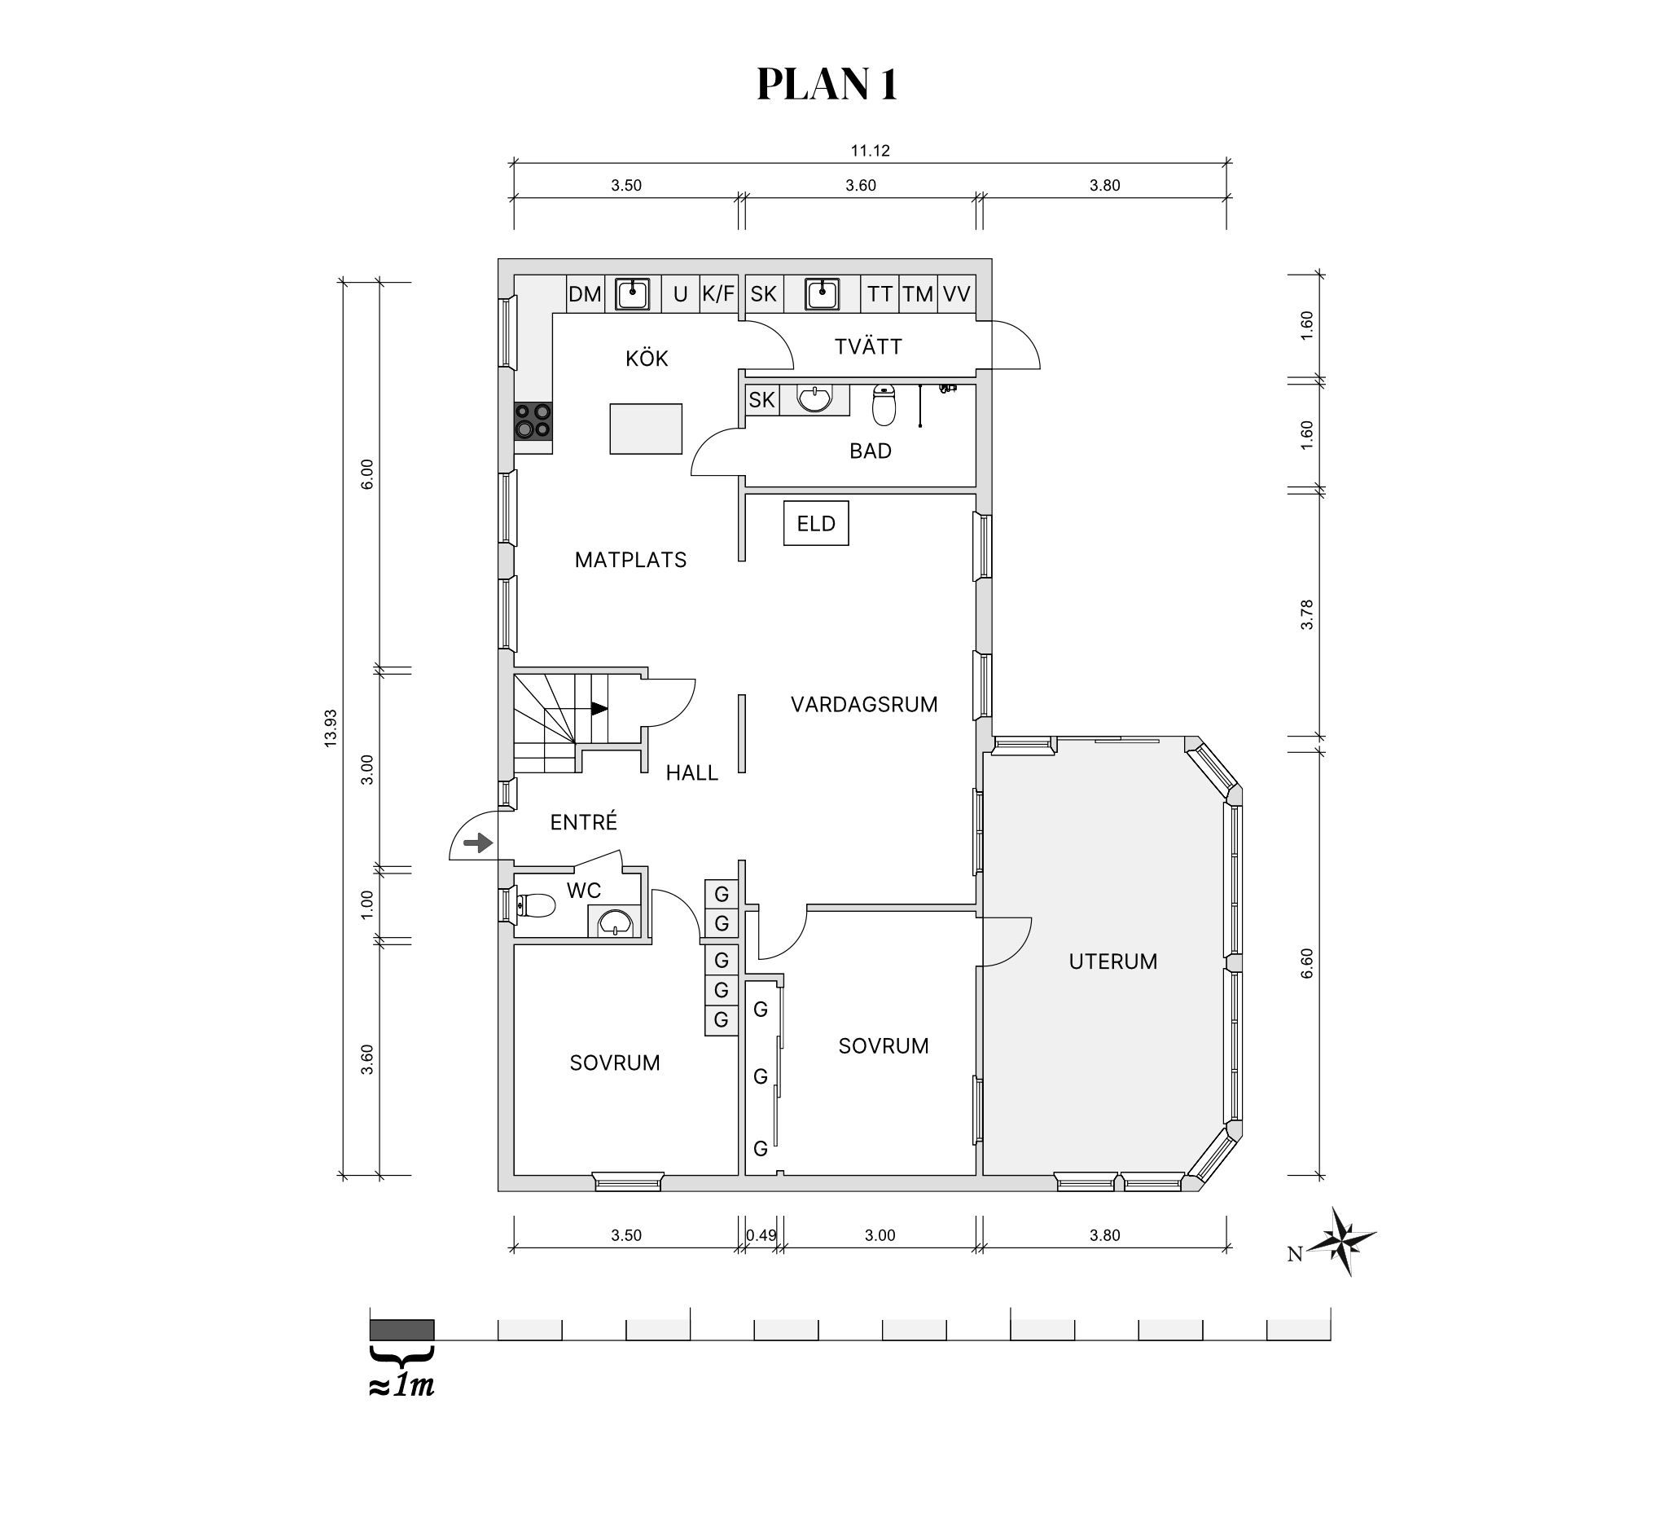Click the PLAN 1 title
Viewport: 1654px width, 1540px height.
tap(827, 84)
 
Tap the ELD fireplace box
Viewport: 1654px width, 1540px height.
tap(816, 523)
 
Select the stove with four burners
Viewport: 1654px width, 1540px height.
tap(533, 420)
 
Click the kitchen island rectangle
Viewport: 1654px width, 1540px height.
tap(646, 429)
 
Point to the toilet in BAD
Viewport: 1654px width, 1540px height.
tap(884, 405)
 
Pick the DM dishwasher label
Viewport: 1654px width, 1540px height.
tap(585, 294)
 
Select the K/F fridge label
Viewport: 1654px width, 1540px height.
tap(719, 294)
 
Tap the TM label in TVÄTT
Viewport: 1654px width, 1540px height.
tap(918, 294)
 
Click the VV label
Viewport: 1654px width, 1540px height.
tap(957, 294)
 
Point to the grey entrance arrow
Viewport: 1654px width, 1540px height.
tap(478, 843)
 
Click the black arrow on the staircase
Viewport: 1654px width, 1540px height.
tap(599, 708)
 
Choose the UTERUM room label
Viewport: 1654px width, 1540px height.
tap(1113, 961)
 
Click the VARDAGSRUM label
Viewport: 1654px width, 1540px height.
tap(864, 704)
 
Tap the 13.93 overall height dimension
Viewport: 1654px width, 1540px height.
tap(331, 728)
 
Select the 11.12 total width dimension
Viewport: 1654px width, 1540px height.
tap(871, 151)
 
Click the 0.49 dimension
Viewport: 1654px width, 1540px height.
tap(761, 1235)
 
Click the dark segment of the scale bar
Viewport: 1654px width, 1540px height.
tap(401, 1330)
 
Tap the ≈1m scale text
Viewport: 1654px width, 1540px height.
tap(401, 1386)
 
